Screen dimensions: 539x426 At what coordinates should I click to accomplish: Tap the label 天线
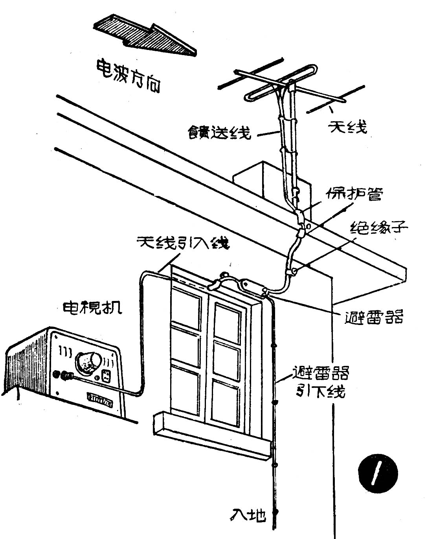click(x=348, y=127)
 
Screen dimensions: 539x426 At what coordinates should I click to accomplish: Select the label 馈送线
click(x=219, y=132)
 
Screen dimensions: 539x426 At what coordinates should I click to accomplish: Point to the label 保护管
click(x=354, y=194)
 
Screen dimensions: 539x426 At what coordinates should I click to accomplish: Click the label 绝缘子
click(x=379, y=227)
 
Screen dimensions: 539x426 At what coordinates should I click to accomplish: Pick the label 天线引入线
click(x=183, y=243)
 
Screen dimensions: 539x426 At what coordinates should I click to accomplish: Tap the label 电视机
click(x=92, y=307)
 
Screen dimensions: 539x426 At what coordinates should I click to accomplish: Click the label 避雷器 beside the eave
click(x=373, y=317)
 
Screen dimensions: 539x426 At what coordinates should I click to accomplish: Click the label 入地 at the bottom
click(x=248, y=515)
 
